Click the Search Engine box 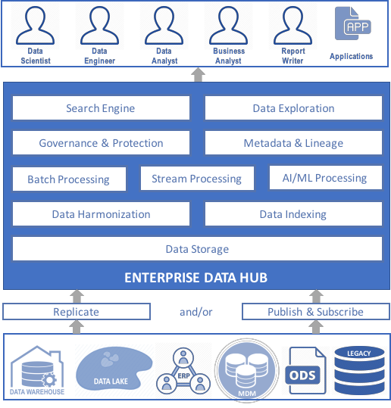pyautogui.click(x=100, y=108)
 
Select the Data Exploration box pyautogui.click(x=293, y=108)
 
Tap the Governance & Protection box pyautogui.click(x=101, y=143)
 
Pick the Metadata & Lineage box pyautogui.click(x=293, y=143)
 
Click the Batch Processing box pyautogui.click(x=68, y=179)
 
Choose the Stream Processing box pyautogui.click(x=196, y=179)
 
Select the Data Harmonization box pyautogui.click(x=101, y=214)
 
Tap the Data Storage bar pyautogui.click(x=197, y=248)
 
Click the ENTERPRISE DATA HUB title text pyautogui.click(x=195, y=278)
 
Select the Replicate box pyautogui.click(x=76, y=312)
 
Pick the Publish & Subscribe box pyautogui.click(x=315, y=312)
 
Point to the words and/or pyautogui.click(x=195, y=312)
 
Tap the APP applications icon pyautogui.click(x=352, y=26)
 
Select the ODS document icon pyautogui.click(x=307, y=371)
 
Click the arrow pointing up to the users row pyautogui.click(x=197, y=74)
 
